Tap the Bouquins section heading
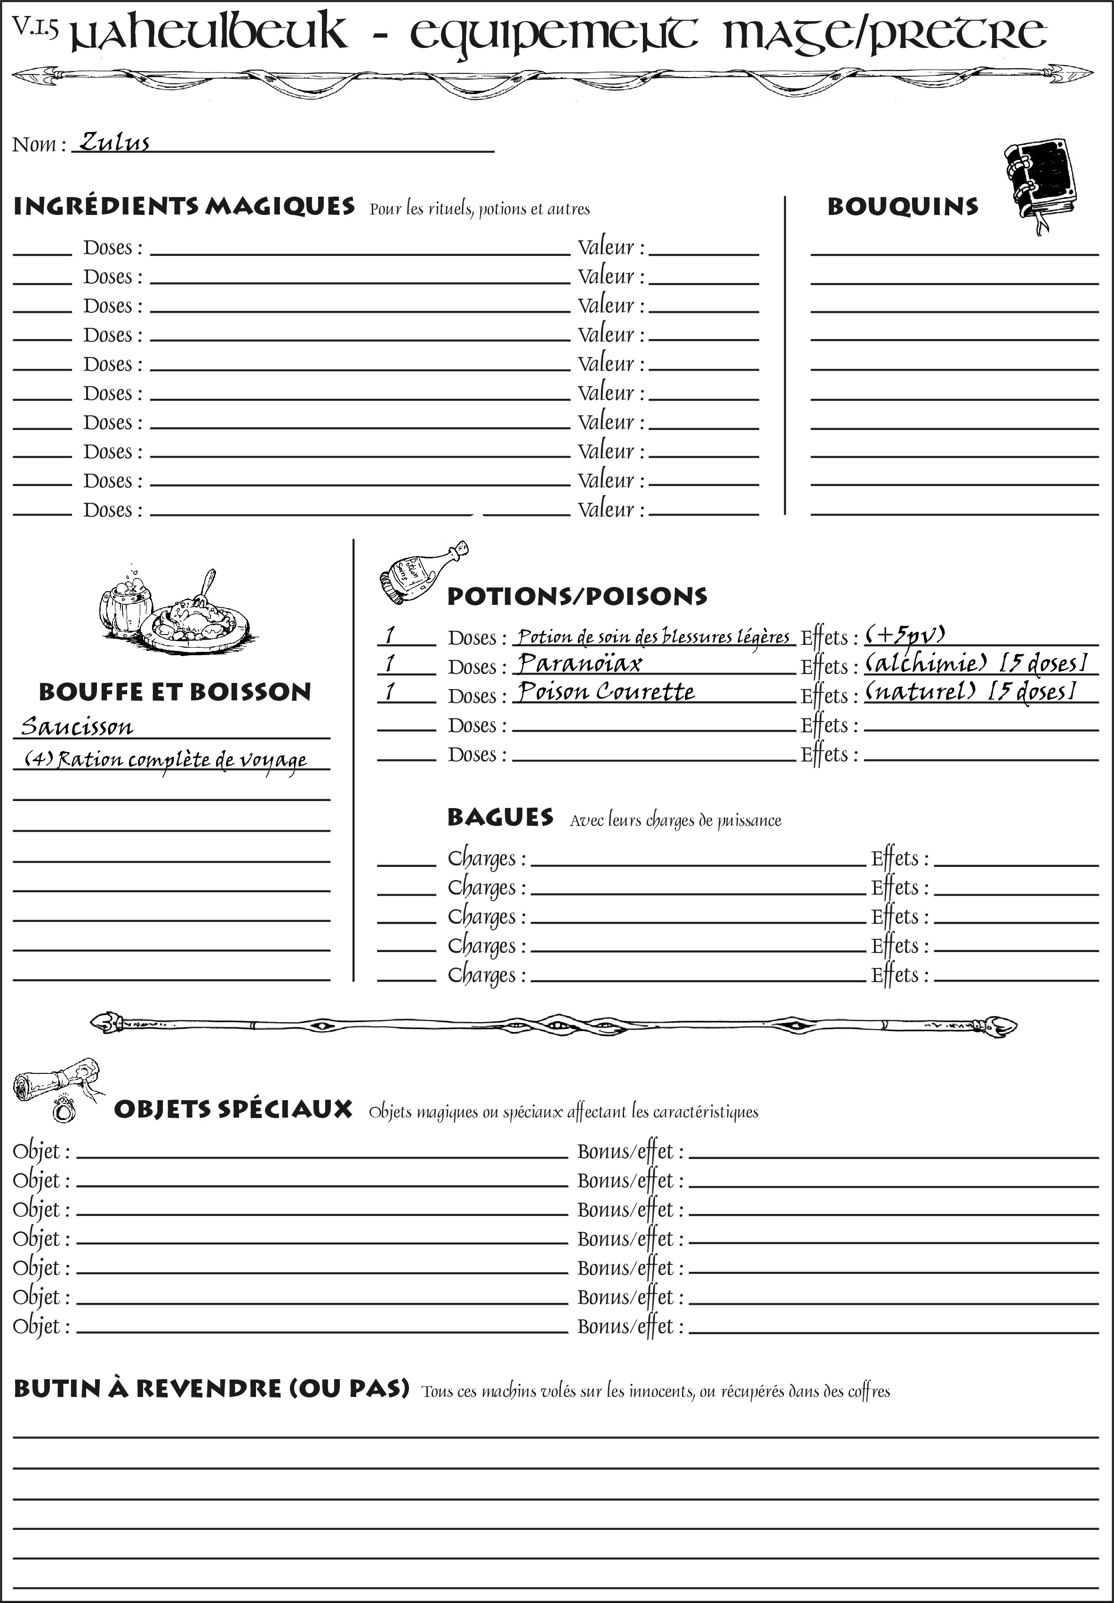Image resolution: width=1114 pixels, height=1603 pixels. [x=903, y=206]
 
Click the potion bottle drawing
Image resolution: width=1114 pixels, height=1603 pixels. [x=422, y=573]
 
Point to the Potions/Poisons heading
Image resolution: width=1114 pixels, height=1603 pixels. [x=577, y=596]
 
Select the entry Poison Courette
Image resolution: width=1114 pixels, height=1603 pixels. [x=606, y=691]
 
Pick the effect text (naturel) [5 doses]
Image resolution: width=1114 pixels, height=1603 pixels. [x=970, y=691]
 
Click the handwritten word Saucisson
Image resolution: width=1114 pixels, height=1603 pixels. [x=77, y=727]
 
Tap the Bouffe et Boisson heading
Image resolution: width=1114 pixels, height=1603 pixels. [x=175, y=692]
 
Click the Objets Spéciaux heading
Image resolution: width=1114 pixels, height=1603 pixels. [x=233, y=1109]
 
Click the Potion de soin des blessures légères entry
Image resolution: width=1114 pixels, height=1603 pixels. [x=653, y=636]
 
